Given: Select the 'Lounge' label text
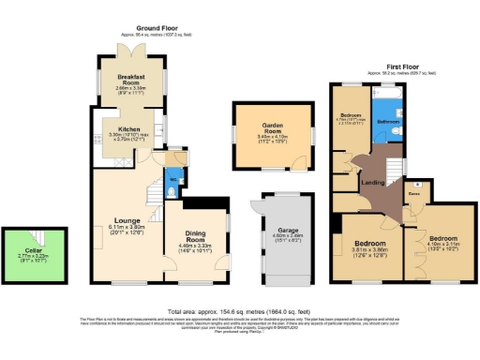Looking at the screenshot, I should pos(127,220).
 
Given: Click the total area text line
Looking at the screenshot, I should pos(240,310).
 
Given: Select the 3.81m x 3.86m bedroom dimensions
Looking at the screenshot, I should pos(369,249).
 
